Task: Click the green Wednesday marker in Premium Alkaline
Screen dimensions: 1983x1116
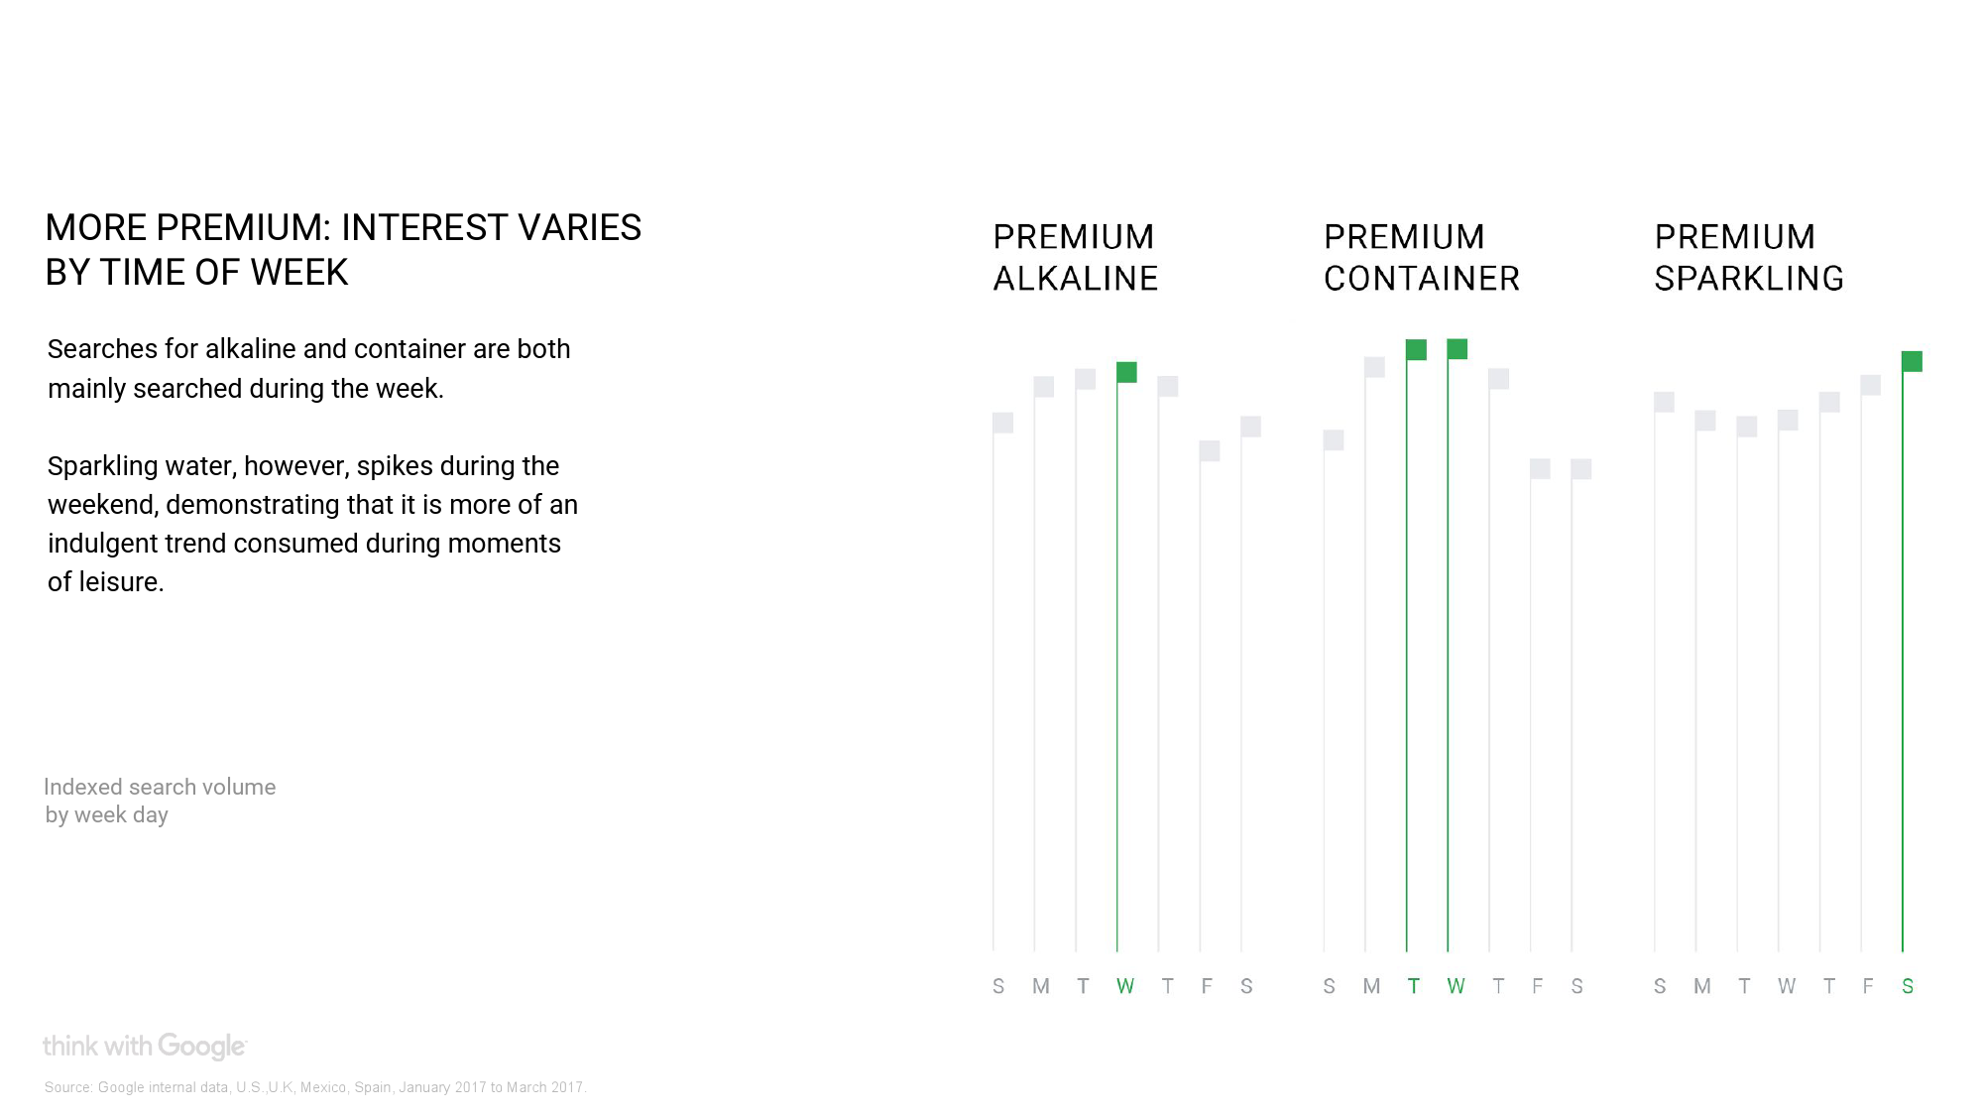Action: pos(1126,372)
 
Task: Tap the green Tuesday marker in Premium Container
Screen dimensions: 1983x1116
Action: pos(1416,349)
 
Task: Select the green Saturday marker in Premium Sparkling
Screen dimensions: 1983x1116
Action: pos(1912,361)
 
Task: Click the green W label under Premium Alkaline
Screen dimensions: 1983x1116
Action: pos(1125,986)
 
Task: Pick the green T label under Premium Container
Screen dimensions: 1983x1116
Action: pos(1414,986)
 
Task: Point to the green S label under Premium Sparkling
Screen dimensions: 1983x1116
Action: pos(1908,986)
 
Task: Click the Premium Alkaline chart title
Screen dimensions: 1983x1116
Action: pos(1076,258)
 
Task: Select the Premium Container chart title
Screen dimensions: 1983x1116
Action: pos(1422,258)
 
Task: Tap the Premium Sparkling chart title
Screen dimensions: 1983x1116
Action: pos(1749,258)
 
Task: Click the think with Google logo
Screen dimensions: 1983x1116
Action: pos(145,1047)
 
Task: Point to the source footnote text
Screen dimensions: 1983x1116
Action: pos(315,1087)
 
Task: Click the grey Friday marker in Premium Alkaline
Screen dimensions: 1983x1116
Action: pos(1210,450)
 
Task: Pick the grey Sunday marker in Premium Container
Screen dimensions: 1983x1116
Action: pos(1334,439)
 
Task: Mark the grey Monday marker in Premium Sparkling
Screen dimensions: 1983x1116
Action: pos(1705,421)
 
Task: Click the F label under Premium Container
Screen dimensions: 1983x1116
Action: pos(1538,986)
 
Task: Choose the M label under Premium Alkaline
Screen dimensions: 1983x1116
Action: pos(1041,986)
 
